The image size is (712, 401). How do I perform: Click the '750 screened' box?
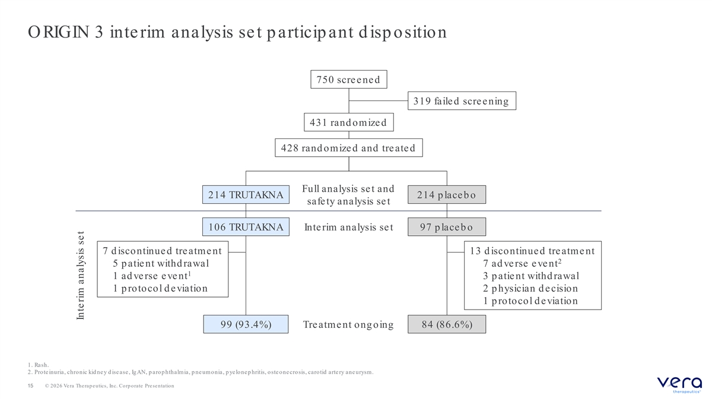(349, 79)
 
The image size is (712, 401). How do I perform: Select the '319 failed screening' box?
(462, 101)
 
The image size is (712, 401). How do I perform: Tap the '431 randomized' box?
(349, 122)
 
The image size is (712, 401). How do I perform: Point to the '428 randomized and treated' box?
(349, 148)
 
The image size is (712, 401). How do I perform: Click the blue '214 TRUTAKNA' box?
(246, 194)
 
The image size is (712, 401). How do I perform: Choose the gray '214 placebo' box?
(447, 194)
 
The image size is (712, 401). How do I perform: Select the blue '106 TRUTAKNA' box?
(246, 226)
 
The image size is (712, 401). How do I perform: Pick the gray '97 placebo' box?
(447, 226)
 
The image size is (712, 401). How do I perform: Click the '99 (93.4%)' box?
(246, 324)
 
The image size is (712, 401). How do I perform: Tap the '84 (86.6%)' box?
(447, 324)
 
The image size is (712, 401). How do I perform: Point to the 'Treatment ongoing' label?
(348, 324)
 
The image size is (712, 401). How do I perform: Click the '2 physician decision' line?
(530, 288)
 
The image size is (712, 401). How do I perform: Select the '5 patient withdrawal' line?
(161, 264)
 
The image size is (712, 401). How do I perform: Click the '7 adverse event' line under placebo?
(522, 263)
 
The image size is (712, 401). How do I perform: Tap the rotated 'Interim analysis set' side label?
(81, 275)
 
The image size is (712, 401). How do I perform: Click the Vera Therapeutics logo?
(679, 384)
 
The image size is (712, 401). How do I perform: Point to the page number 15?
(30, 386)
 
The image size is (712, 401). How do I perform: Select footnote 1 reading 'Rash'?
(38, 365)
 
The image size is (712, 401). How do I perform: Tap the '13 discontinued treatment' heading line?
(532, 251)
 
